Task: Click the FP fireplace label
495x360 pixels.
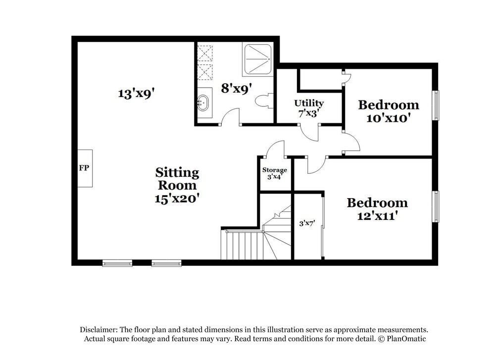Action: (x=84, y=168)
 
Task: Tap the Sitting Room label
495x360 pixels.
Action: (x=177, y=179)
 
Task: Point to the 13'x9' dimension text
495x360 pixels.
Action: (x=133, y=93)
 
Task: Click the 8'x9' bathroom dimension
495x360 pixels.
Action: (x=237, y=89)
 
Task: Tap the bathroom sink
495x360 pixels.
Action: (x=203, y=103)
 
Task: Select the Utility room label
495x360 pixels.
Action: (x=309, y=103)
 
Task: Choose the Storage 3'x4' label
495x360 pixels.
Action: (x=274, y=173)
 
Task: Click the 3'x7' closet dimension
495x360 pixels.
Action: (x=307, y=223)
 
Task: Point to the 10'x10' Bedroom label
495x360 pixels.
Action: (x=389, y=111)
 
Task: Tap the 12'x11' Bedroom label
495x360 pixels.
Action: (x=377, y=209)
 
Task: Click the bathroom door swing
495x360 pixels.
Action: (x=230, y=118)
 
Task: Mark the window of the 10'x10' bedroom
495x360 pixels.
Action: (x=436, y=105)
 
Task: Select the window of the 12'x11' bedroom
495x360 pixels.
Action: (x=436, y=206)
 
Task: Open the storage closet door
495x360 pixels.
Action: (x=276, y=149)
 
